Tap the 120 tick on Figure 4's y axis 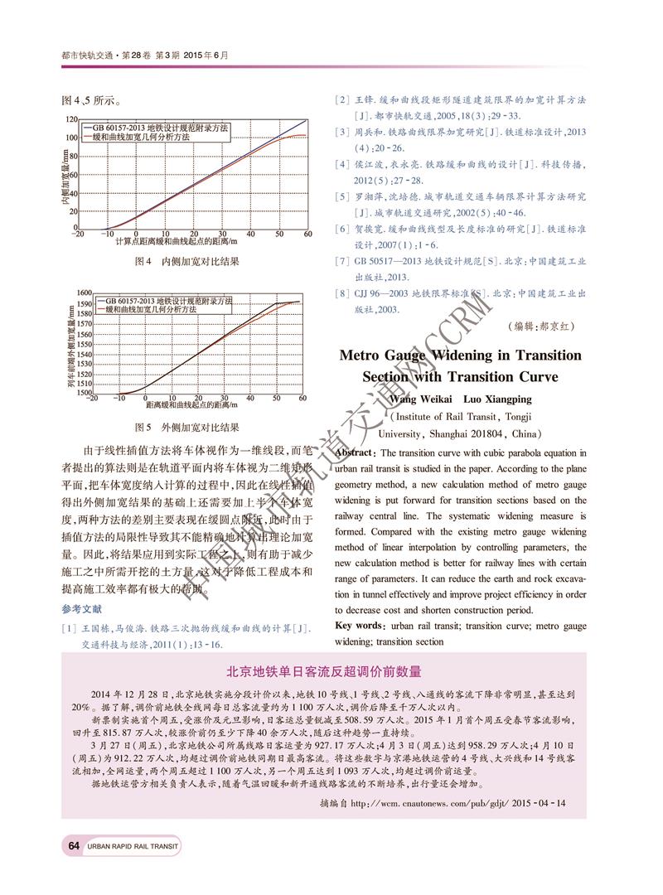[x=71, y=120]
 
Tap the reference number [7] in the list [x=340, y=261]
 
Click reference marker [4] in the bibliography [x=340, y=164]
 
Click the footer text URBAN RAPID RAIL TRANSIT [x=132, y=846]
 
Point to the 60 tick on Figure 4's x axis [x=307, y=234]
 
